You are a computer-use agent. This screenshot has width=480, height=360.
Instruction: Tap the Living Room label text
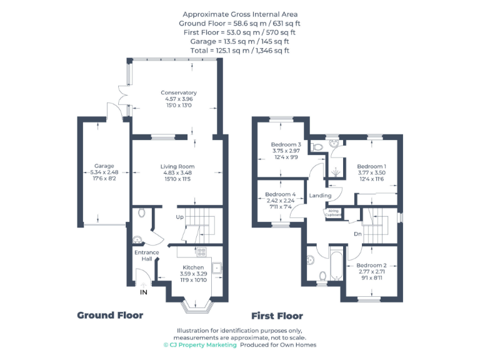pos(177,166)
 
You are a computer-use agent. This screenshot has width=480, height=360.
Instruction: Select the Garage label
pos(103,166)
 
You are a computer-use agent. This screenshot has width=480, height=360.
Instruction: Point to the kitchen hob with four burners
pos(201,252)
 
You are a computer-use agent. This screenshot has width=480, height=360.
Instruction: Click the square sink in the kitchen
pos(216,268)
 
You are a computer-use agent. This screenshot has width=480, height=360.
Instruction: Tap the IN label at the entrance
pos(143,292)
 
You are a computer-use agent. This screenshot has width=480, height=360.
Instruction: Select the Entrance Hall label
pos(147,256)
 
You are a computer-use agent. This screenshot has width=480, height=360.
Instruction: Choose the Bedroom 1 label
pos(371,166)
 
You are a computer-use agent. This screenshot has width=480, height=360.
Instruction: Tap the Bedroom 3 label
pos(286,144)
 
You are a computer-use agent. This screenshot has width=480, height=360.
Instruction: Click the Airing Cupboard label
pos(332,213)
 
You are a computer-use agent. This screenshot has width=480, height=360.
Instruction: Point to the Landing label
pos(320,196)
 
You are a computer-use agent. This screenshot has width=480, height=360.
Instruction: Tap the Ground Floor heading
pos(110,315)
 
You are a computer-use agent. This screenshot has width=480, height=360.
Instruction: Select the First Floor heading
pos(276,316)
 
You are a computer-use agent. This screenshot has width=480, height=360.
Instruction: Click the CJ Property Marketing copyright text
pos(200,344)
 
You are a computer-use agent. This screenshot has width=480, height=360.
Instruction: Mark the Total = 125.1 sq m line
pos(240,51)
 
